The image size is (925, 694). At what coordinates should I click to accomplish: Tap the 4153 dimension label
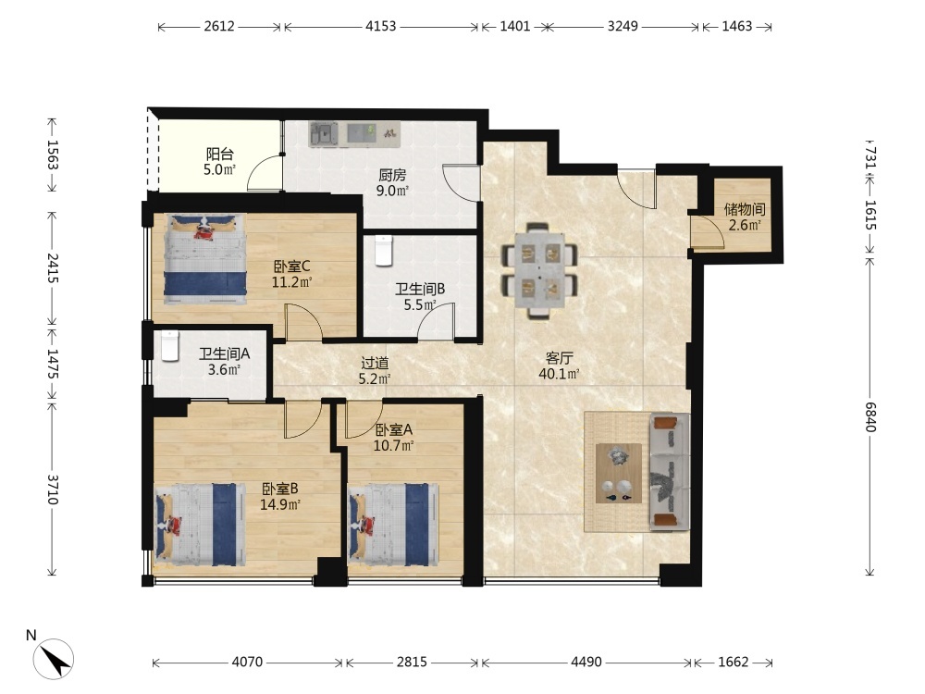point(380,27)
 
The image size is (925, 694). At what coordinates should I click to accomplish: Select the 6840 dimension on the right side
point(870,416)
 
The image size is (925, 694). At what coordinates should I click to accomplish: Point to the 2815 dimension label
point(412,663)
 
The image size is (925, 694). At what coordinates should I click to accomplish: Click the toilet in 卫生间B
point(384,250)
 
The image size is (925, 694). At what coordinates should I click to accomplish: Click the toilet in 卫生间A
point(169,346)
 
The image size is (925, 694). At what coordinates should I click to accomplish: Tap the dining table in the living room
point(539,270)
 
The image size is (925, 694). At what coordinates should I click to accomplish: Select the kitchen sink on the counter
point(323,134)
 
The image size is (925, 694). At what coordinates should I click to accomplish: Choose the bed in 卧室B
point(200,525)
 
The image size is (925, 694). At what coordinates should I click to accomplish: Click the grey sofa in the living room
point(670,470)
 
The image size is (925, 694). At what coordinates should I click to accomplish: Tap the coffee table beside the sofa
point(619,473)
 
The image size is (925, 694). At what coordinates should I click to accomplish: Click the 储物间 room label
point(745,209)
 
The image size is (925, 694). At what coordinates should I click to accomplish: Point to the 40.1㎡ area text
point(559,374)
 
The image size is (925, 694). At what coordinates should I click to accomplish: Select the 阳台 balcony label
point(219,155)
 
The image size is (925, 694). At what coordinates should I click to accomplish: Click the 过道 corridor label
point(375,363)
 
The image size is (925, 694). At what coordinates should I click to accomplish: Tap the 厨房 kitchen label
point(392,175)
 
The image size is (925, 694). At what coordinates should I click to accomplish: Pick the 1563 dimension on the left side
point(53,155)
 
